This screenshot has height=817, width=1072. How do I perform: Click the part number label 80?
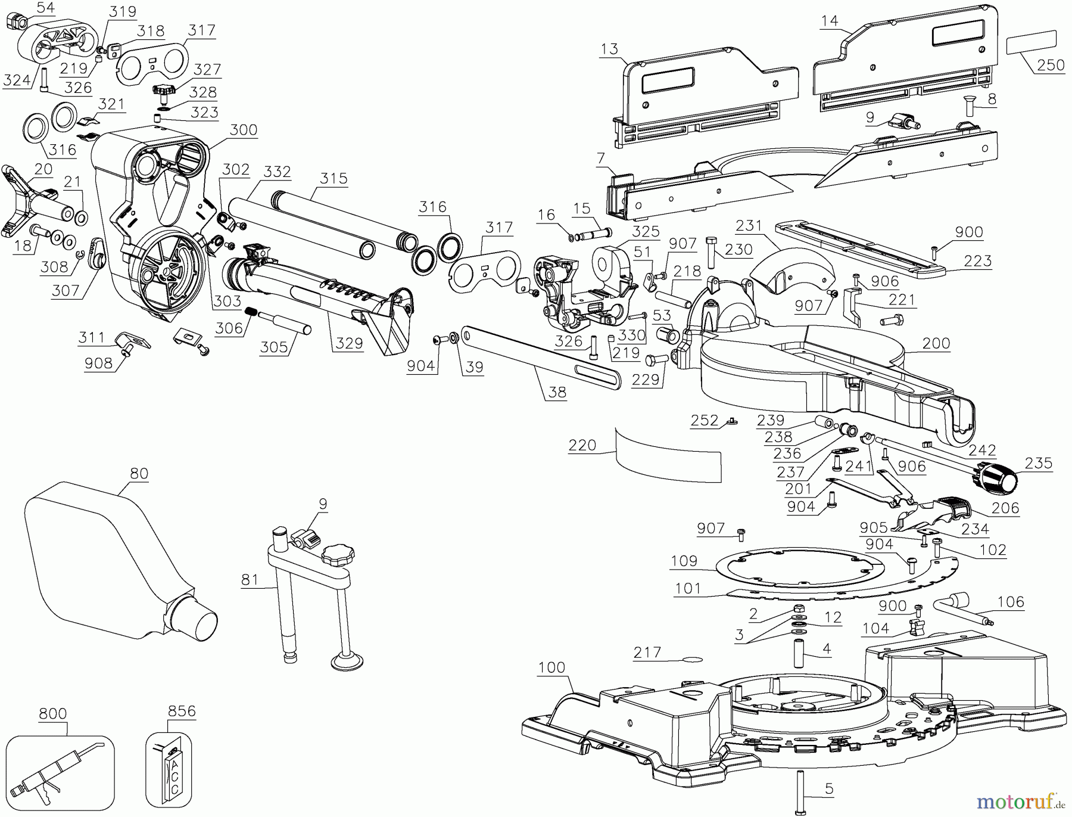[x=139, y=473]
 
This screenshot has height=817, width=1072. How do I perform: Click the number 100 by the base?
[x=551, y=667]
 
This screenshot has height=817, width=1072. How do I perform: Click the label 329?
[x=349, y=343]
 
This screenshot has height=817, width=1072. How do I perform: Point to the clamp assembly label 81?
[x=250, y=579]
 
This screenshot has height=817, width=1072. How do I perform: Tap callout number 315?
[x=334, y=178]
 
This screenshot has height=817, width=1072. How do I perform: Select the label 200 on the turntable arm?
[x=936, y=343]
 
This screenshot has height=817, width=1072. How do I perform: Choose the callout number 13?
[x=609, y=49]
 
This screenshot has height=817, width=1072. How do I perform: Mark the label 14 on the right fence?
[x=829, y=21]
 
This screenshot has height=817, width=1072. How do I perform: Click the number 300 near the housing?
[x=244, y=129]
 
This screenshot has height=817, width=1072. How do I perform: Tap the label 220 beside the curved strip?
[x=582, y=445]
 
